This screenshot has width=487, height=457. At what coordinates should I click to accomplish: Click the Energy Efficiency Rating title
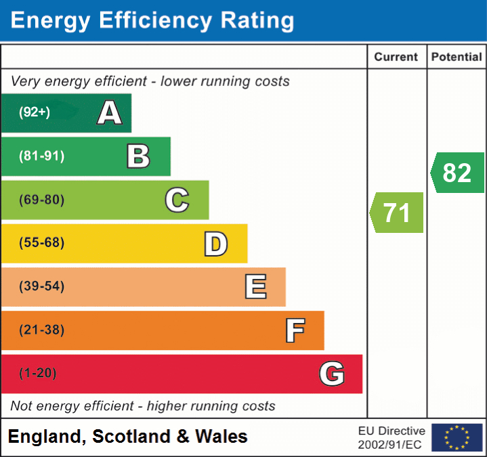point(152,21)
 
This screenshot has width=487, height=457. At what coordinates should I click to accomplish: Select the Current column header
point(396,58)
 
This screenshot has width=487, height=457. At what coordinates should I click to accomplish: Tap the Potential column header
point(457,58)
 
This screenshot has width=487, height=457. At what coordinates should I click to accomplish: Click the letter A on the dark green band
point(110,113)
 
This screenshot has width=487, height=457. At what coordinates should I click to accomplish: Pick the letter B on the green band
point(139,156)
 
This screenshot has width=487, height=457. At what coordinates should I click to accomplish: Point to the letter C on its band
point(177,200)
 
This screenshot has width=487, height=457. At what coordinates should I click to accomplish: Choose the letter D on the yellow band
point(216,244)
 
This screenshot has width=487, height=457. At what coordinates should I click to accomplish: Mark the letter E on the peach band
point(255,287)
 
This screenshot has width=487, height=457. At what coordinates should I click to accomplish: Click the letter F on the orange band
point(295,330)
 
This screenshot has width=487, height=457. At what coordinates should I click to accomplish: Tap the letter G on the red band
point(332,374)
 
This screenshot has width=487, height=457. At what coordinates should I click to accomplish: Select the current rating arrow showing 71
point(397,213)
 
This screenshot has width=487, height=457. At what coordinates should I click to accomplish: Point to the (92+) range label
point(35,112)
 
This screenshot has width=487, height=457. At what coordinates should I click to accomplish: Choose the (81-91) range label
point(42,156)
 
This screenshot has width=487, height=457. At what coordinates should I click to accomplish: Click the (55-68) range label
point(42,243)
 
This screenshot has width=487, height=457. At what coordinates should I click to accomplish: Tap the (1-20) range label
point(38,373)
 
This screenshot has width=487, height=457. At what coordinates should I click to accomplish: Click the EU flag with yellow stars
point(457,437)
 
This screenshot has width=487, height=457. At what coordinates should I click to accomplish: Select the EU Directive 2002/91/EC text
point(391,437)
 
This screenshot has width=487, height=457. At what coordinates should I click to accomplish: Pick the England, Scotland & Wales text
point(128,437)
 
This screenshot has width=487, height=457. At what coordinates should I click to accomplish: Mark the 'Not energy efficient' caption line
point(143,406)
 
